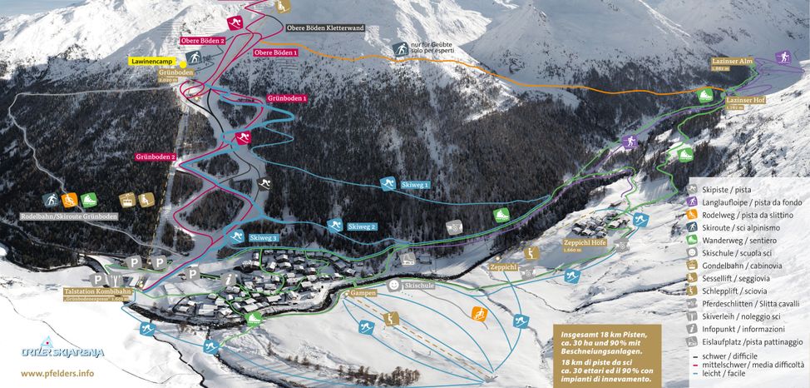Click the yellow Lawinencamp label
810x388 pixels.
(x=155, y=62)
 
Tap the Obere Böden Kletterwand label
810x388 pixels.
(x=325, y=27)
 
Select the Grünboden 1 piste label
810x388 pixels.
(x=287, y=98)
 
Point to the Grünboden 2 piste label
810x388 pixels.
(x=156, y=157)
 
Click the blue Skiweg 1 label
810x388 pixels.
(x=414, y=184)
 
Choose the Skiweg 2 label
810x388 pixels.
(x=362, y=226)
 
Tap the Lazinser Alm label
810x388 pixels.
(x=731, y=62)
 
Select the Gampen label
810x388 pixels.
(x=363, y=294)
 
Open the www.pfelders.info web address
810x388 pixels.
(x=52, y=374)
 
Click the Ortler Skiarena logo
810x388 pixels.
(x=52, y=351)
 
